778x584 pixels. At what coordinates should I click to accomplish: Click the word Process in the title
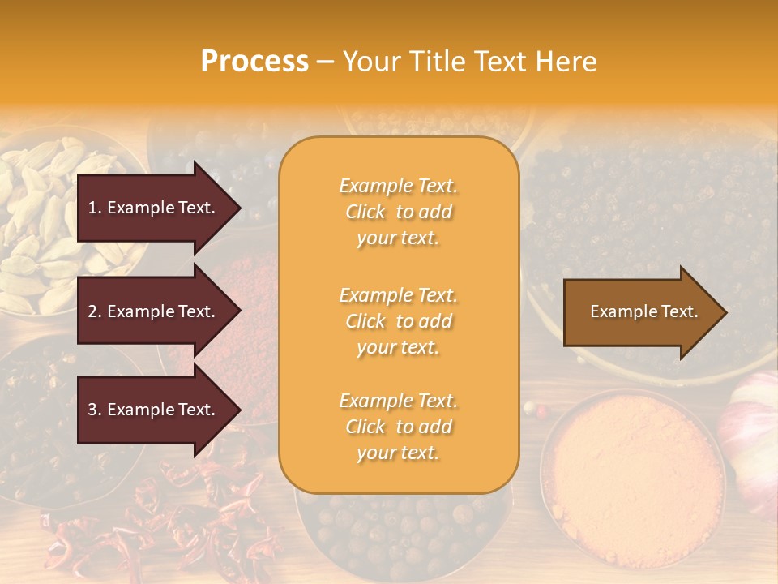[x=254, y=61]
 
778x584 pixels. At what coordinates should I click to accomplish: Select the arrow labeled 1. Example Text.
[x=154, y=208]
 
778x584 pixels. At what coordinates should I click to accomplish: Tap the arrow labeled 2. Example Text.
[x=154, y=311]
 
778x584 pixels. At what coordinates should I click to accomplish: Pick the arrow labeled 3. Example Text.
[x=154, y=410]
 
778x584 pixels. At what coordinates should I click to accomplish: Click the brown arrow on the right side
[x=640, y=312]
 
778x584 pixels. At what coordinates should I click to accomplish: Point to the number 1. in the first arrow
[x=94, y=208]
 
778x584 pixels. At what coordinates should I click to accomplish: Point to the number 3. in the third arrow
[x=94, y=410]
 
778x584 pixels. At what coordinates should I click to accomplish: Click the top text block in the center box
[x=398, y=212]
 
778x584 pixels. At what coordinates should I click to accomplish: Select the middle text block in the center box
[x=398, y=321]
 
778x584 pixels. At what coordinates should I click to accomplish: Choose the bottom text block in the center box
[x=398, y=427]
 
